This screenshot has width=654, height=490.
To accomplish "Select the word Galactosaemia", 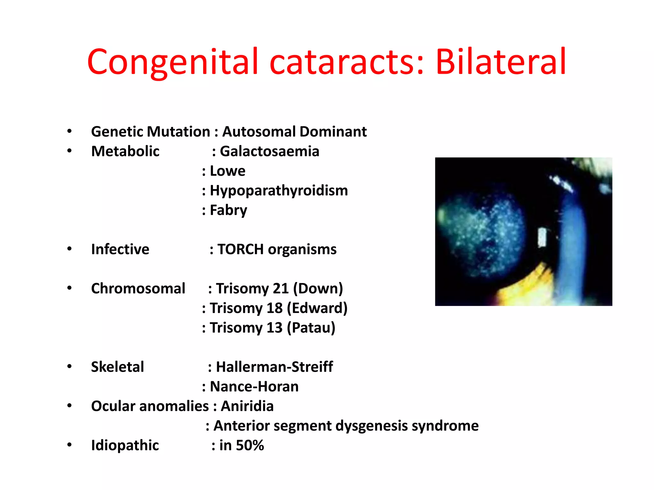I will coord(270,151).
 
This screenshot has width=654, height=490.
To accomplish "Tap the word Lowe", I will coord(227,171).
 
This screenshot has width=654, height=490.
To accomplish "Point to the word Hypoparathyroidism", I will coord(279,190).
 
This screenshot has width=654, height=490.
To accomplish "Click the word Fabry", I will coord(228,210).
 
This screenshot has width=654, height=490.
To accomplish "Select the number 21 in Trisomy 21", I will coord(281,288).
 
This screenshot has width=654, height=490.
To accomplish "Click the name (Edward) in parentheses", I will coord(317,308).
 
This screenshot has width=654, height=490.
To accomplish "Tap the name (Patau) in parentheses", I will coord(311,328).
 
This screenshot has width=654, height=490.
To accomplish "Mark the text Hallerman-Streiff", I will coord(274,367).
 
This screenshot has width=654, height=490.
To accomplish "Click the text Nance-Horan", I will coord(254,387).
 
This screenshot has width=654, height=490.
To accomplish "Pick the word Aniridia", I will coord(247,406).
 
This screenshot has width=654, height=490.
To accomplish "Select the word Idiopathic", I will coord(125,445).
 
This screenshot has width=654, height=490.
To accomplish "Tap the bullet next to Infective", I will coord(69,249).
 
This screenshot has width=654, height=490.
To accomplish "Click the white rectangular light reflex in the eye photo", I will coord(542,237).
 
